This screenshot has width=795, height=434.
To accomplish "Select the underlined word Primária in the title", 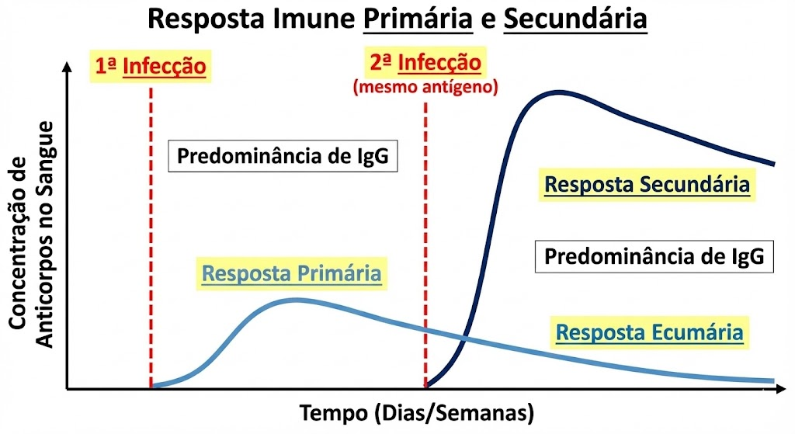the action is click(x=418, y=19).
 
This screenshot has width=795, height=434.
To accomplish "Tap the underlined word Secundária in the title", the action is click(x=575, y=19).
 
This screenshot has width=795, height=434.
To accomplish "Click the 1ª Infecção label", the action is click(x=151, y=66).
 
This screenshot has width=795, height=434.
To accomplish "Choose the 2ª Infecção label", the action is click(x=425, y=63).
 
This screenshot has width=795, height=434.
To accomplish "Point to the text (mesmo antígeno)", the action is click(x=425, y=87).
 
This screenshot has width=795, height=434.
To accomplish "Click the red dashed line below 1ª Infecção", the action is click(x=151, y=238).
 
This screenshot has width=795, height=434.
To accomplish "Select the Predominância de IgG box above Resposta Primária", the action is click(x=283, y=155).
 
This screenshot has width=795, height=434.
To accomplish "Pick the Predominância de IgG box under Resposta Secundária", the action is click(x=654, y=256).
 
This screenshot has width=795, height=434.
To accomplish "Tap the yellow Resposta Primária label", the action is click(x=292, y=274).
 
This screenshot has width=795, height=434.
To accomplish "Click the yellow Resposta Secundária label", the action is click(x=647, y=185).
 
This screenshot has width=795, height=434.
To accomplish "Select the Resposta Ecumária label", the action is click(x=650, y=332).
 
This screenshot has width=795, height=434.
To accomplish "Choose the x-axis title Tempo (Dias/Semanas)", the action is click(x=417, y=413).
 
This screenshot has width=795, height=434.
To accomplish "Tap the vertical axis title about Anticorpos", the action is click(x=31, y=234).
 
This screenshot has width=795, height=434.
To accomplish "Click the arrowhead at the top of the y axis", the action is click(x=67, y=68).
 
